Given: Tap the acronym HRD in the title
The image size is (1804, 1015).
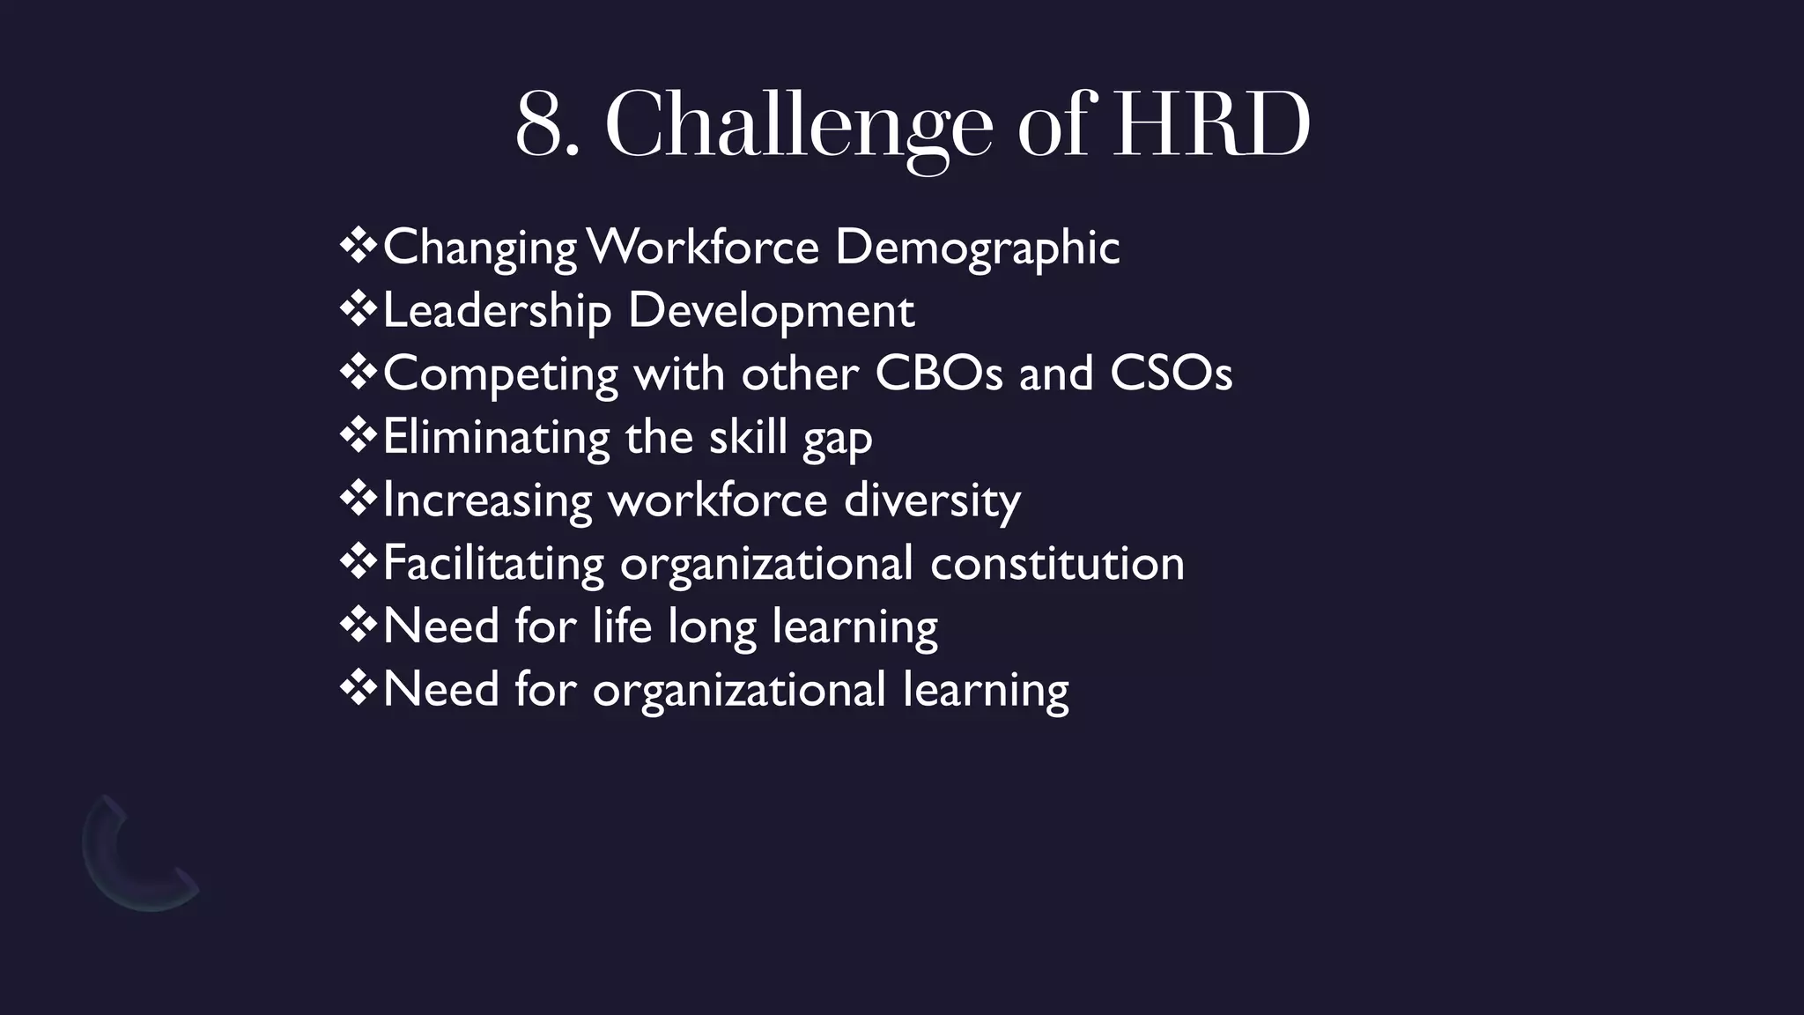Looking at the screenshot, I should tap(1211, 125).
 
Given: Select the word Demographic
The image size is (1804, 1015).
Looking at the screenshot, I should tap(977, 248).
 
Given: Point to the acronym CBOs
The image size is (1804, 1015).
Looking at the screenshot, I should tap(939, 374).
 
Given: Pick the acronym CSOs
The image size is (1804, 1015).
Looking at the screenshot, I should tap(1171, 374).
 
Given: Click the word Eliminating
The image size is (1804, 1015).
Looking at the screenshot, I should tap(496, 437).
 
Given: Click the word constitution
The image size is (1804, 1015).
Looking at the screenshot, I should tap(1057, 564).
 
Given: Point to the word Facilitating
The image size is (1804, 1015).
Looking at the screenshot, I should tap(493, 564).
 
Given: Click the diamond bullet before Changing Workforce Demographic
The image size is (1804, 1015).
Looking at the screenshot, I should tap(358, 247).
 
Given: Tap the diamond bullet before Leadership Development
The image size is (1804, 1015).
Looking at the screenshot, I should tap(358, 310).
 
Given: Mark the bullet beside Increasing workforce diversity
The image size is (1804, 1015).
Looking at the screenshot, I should tap(358, 500).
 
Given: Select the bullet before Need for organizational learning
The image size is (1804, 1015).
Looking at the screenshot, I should tap(358, 689).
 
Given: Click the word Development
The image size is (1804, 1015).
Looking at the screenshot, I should tap(771, 312).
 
